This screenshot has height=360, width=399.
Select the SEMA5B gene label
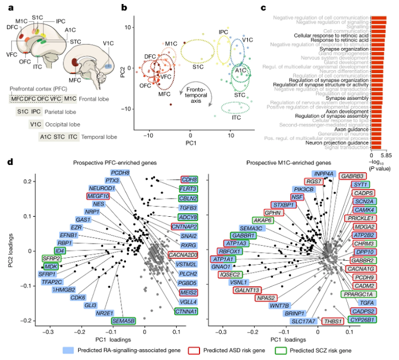124,321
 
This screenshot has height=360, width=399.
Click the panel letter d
9,163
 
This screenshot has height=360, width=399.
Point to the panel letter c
262,7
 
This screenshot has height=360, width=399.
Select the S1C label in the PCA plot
198,67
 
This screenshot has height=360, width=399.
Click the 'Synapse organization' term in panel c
340,50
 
